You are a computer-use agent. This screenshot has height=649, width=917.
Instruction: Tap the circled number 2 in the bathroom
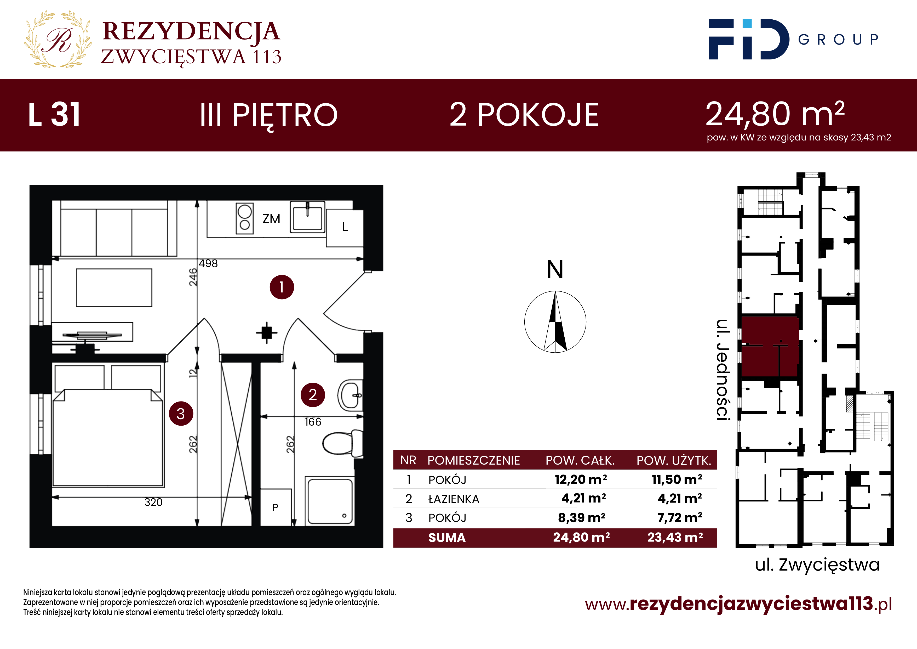(x=313, y=395)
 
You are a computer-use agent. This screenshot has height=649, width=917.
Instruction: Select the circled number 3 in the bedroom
(x=181, y=414)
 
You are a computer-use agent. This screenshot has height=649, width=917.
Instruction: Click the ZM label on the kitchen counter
(x=271, y=219)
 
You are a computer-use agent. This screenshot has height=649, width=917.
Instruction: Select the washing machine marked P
(x=276, y=507)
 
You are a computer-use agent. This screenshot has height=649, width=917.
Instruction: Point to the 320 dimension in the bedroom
(x=153, y=502)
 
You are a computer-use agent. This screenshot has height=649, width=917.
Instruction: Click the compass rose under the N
(x=555, y=322)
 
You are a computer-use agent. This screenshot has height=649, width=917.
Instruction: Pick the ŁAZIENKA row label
(x=454, y=499)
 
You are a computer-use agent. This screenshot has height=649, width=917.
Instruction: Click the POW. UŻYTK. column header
(x=674, y=460)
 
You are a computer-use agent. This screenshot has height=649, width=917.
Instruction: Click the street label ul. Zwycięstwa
(x=817, y=565)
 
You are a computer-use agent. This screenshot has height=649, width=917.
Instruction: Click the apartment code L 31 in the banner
(x=54, y=115)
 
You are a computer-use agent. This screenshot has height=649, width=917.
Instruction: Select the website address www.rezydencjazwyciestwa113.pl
(x=738, y=604)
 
